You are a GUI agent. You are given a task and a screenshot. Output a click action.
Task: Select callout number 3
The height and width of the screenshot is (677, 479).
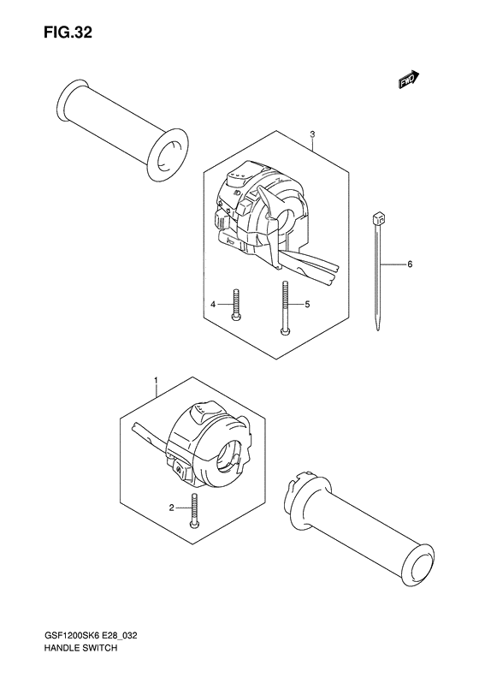[x=312, y=134]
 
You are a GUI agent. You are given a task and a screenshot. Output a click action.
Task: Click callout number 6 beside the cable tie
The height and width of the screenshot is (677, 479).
[x=410, y=264]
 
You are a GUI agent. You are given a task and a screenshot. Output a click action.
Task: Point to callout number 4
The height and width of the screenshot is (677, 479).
[x=214, y=304]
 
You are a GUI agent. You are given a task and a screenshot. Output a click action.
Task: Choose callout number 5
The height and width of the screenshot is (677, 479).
[x=305, y=304]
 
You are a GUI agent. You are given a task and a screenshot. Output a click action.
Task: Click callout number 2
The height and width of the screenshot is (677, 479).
[x=172, y=508]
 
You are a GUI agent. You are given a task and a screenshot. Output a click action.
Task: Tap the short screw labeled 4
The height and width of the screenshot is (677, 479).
[x=235, y=306]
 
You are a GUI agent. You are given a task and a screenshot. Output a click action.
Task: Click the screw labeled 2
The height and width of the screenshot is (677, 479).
[x=195, y=510]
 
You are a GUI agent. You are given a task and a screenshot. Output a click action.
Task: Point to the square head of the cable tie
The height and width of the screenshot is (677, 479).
[x=379, y=219]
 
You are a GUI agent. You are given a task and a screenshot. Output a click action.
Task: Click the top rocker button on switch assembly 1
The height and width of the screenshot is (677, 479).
[x=199, y=415]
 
